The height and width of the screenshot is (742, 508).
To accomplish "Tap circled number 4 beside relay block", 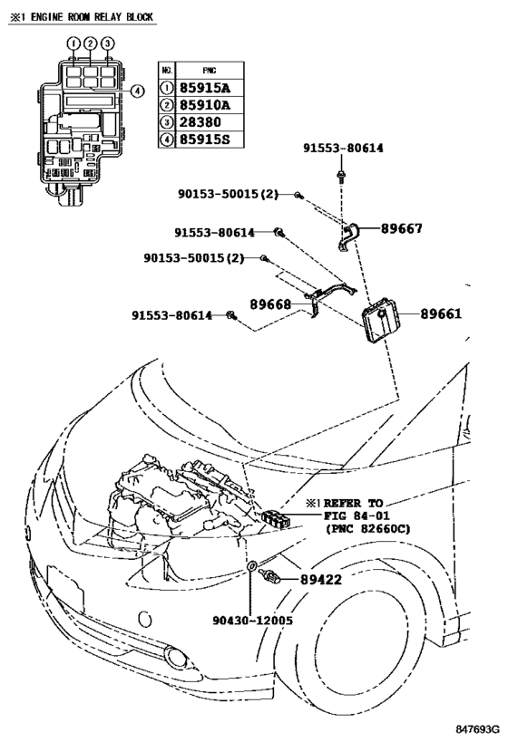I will [x=136, y=90].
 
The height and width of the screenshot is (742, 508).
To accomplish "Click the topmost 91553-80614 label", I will [x=343, y=147].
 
